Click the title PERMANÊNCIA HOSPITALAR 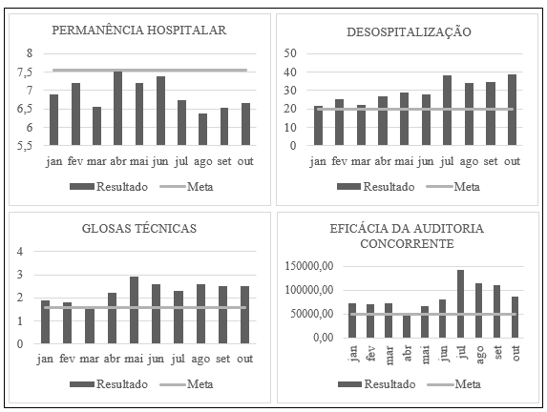coord(139,30)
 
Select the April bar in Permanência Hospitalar coord(118,108)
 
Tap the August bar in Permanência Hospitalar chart coord(202,130)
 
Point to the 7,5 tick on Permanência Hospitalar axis coord(25,72)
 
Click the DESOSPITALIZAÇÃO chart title coord(409,32)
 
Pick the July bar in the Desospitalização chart coord(447,110)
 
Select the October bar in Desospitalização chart coord(512,110)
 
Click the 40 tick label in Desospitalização coord(290,72)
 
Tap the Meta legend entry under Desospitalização coord(453,187)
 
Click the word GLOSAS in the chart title coord(106,229)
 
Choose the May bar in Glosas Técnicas coord(134,310)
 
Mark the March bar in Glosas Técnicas coord(90,326)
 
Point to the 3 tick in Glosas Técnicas coord(20,275)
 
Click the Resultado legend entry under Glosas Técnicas coord(109,384)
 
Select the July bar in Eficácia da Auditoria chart coord(461,303)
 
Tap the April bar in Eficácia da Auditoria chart coord(407,326)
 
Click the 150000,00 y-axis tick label coord(309,266)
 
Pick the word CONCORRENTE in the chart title coord(407,243)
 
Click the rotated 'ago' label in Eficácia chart coord(479,354)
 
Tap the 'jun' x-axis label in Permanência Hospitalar coord(159,161)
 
